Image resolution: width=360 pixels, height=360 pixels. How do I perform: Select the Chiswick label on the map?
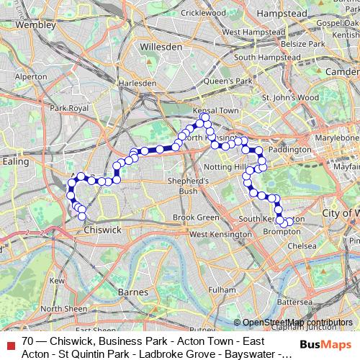pyautogui.click(x=102, y=230)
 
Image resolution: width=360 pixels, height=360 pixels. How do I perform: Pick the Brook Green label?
pyautogui.click(x=195, y=217)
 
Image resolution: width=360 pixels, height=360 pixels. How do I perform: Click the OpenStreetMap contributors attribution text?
pyautogui.click(x=297, y=323)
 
